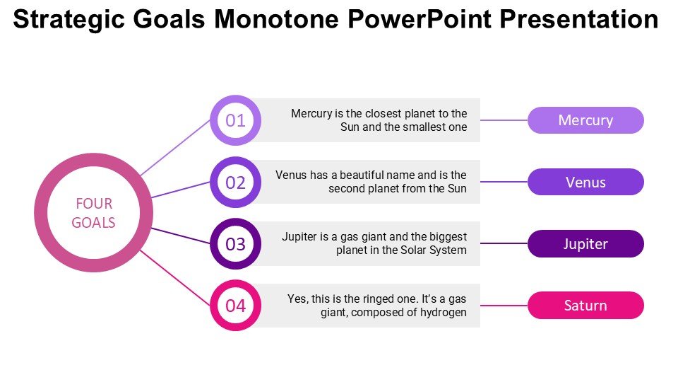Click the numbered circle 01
click(236, 120)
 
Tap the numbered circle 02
click(236, 183)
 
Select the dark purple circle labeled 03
click(236, 244)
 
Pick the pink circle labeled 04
click(236, 306)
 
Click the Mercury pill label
click(585, 120)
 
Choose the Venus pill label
click(585, 182)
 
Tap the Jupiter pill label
click(585, 244)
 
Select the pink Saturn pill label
click(585, 306)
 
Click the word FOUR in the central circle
click(94, 204)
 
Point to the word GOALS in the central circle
click(93, 223)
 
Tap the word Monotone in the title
click(277, 20)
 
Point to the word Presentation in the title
click(579, 20)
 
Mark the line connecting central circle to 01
click(176, 148)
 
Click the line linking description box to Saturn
click(504, 306)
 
